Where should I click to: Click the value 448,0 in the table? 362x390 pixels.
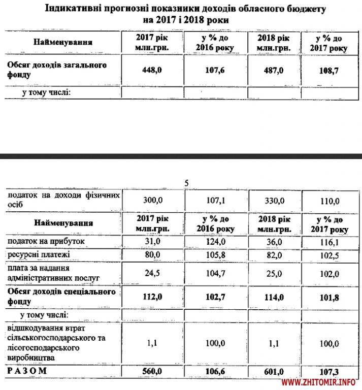152,70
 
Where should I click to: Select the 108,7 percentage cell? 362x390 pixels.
328,71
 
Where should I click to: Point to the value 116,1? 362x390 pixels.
328,241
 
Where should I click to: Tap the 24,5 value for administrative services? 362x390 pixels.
152,273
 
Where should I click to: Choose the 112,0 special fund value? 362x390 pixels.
152,297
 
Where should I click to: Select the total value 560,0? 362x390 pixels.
152,372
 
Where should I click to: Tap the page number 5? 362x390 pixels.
186,183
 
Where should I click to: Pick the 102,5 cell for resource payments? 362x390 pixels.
328,254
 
